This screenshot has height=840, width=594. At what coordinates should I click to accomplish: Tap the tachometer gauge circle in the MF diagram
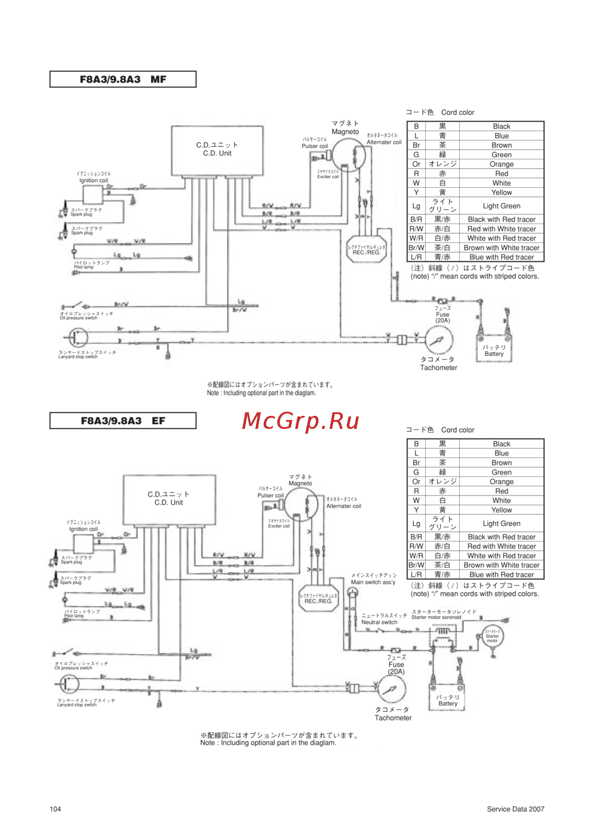click(x=439, y=341)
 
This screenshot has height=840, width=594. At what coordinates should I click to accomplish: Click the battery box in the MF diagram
click(x=494, y=349)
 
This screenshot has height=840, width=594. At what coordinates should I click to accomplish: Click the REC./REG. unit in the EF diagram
click(x=318, y=598)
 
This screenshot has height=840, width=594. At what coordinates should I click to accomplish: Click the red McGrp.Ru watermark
click(x=301, y=421)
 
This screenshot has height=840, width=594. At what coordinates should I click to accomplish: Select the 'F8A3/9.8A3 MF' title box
click(x=123, y=80)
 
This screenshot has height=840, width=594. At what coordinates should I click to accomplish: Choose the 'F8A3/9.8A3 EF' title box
click(x=123, y=421)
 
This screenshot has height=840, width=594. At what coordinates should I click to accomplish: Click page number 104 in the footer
click(x=55, y=809)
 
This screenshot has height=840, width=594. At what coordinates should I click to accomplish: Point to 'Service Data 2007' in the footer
click(x=515, y=809)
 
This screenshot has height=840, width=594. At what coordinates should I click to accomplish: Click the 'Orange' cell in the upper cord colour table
click(x=501, y=164)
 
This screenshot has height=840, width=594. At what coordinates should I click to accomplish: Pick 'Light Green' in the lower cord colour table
click(x=501, y=523)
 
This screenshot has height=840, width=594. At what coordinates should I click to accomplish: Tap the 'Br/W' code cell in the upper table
click(x=416, y=248)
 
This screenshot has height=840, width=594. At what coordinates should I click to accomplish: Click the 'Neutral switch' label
click(x=379, y=622)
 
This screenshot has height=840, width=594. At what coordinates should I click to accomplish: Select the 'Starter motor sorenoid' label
click(x=436, y=617)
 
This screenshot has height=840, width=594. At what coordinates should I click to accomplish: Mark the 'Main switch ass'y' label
click(x=373, y=582)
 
